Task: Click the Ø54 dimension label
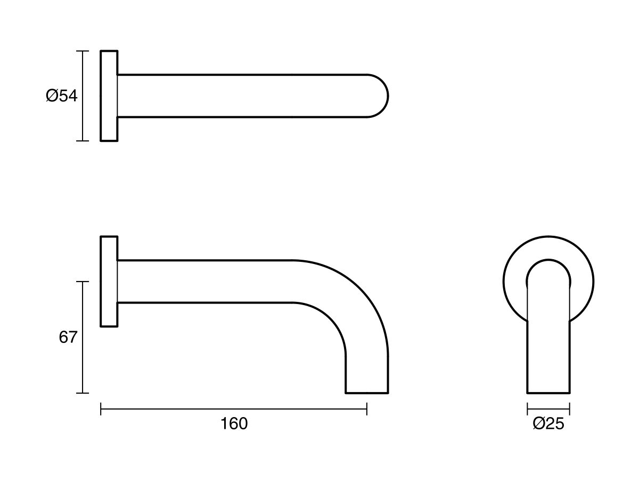62,96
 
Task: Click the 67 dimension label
68,338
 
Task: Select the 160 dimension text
234,424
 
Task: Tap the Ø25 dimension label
548,424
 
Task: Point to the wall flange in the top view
109,96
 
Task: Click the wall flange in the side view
109,281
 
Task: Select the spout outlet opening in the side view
367,393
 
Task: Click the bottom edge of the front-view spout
548,393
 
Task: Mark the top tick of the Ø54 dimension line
82,51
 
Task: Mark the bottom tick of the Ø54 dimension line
82,141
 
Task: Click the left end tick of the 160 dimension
101,409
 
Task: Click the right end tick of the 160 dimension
367,409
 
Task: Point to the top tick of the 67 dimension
82,282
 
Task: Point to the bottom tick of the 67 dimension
82,393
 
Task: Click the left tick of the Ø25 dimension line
527,409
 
